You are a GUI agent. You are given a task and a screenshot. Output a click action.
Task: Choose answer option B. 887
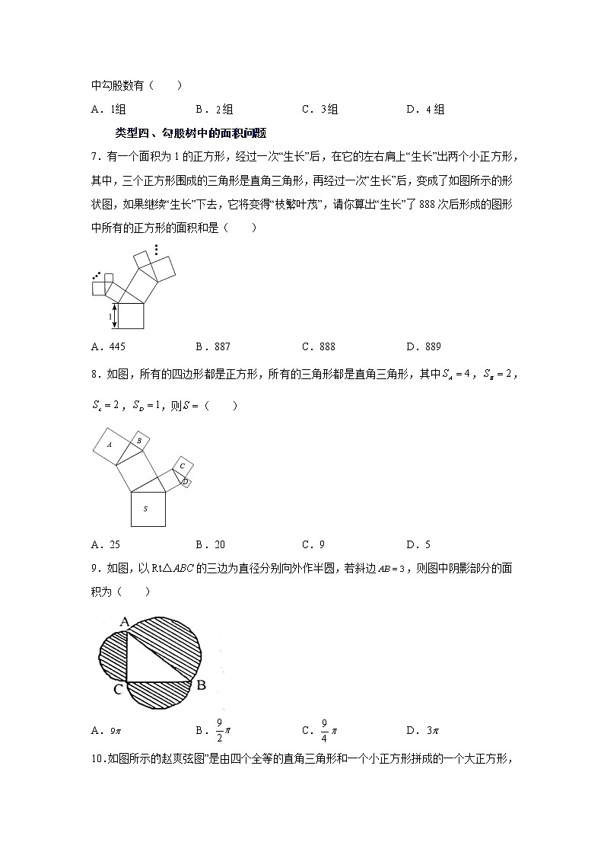(x=212, y=346)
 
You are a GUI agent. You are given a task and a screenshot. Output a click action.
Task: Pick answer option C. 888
(x=318, y=346)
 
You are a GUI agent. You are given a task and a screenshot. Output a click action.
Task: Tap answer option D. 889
(x=423, y=346)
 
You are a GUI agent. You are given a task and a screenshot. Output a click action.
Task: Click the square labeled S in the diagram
(x=145, y=509)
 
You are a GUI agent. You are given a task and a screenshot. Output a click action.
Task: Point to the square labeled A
(x=111, y=445)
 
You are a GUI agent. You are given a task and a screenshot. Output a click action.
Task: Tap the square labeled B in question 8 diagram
(x=138, y=440)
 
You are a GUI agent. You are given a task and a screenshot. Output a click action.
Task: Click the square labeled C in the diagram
(x=183, y=466)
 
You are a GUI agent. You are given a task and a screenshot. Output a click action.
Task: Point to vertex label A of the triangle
(x=124, y=621)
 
